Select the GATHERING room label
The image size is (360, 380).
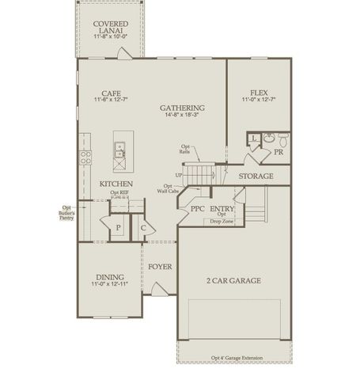(x=182, y=108)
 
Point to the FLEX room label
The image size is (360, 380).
(x=259, y=92)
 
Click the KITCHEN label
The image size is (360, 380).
(x=116, y=184)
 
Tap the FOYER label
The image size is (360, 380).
(x=161, y=266)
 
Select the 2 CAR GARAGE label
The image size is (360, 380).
(x=233, y=280)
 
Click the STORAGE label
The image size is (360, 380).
(x=256, y=176)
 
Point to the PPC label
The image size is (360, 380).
(x=197, y=208)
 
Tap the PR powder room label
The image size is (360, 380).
(x=279, y=150)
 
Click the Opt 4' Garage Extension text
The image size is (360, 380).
(x=232, y=357)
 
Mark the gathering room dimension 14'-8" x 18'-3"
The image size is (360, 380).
(x=182, y=116)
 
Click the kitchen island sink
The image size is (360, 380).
(x=119, y=147)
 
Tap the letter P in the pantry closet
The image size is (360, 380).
(x=117, y=228)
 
